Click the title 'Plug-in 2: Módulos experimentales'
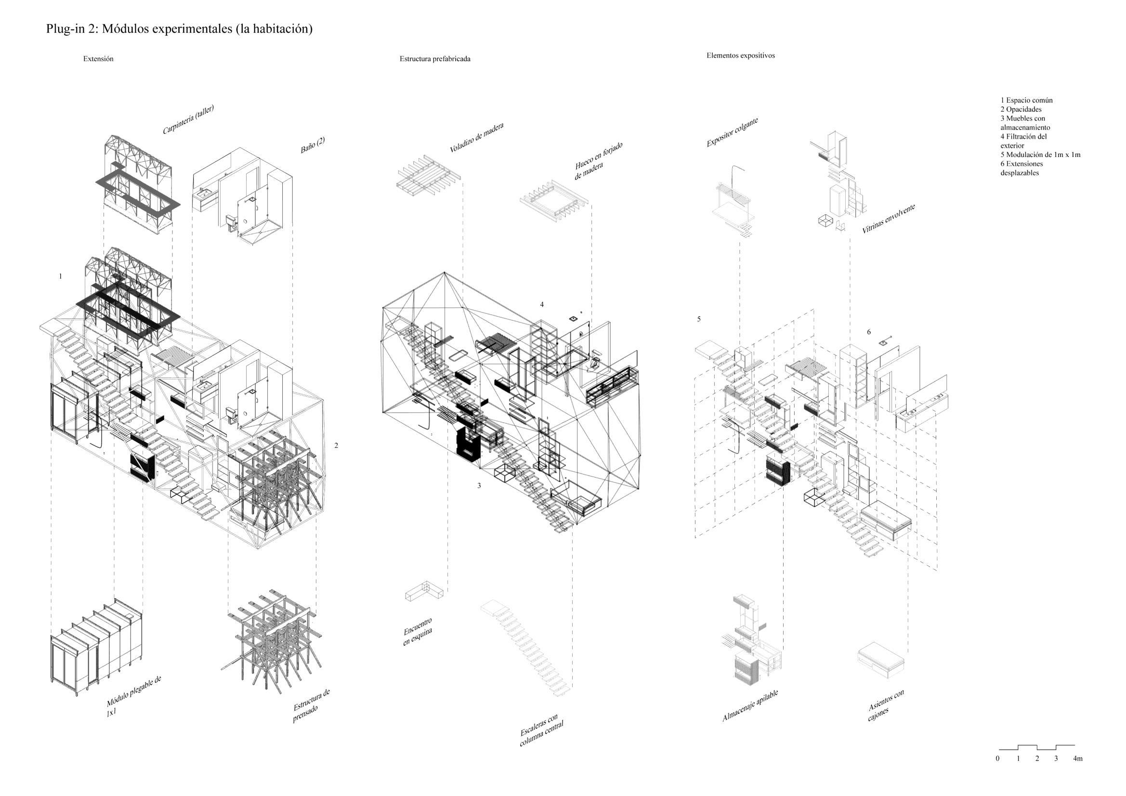pyautogui.click(x=179, y=29)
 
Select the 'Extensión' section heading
pyautogui.click(x=98, y=59)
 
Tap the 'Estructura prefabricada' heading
pyautogui.click(x=434, y=59)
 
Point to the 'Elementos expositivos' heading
pyautogui.click(x=740, y=55)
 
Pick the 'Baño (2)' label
pyautogui.click(x=313, y=145)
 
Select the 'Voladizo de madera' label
pyautogui.click(x=476, y=137)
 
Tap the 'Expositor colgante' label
pyautogui.click(x=732, y=132)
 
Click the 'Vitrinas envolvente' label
pyautogui.click(x=888, y=219)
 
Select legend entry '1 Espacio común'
pyautogui.click(x=1026, y=100)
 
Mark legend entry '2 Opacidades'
pyautogui.click(x=1021, y=109)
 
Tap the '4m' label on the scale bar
pyautogui.click(x=1077, y=759)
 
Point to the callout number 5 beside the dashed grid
pyautogui.click(x=699, y=319)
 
